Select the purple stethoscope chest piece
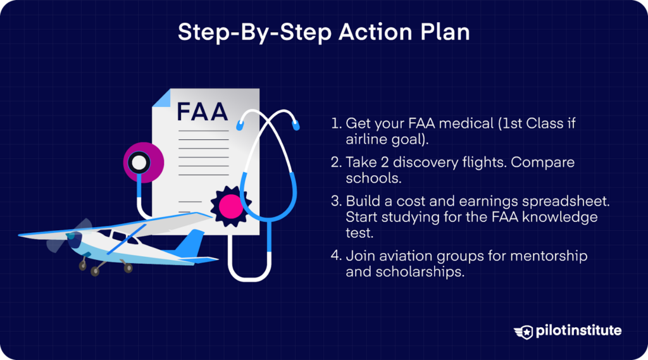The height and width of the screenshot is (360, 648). coord(139,163)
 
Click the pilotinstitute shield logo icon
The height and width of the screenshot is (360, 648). coord(525,331)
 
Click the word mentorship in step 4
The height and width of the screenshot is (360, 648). coord(547,256)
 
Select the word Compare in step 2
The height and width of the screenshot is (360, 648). coord(544,162)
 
